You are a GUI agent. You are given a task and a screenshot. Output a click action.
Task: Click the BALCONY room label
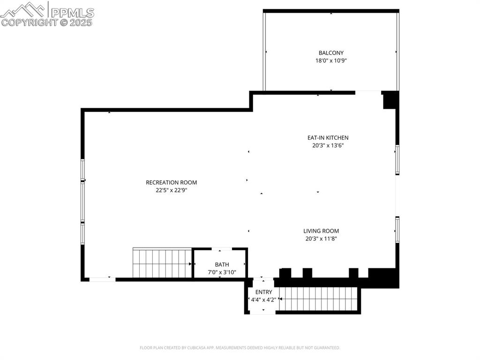[331, 53]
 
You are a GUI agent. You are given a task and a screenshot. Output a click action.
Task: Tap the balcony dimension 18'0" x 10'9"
[331, 60]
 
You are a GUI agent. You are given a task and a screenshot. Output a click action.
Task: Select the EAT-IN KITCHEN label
[328, 138]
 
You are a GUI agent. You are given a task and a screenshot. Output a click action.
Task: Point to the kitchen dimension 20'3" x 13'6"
[328, 145]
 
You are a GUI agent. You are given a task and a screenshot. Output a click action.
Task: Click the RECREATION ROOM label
[171, 182]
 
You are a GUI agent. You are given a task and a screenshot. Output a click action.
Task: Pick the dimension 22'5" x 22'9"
[171, 190]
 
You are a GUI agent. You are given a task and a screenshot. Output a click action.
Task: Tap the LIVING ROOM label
[321, 231]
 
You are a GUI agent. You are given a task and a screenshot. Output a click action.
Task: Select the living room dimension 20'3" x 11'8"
[321, 238]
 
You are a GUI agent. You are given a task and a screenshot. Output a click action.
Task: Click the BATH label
[222, 264]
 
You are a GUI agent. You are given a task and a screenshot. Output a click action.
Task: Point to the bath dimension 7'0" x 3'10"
[222, 272]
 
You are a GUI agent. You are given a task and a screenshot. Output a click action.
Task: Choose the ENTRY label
[263, 292]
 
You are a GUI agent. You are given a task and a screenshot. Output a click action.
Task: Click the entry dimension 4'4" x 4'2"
[263, 300]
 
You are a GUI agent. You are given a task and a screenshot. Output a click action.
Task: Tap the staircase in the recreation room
[162, 263]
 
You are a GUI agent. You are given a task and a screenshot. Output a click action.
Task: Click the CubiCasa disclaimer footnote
[240, 348]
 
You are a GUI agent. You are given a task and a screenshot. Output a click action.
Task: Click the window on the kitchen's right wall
[397, 160]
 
